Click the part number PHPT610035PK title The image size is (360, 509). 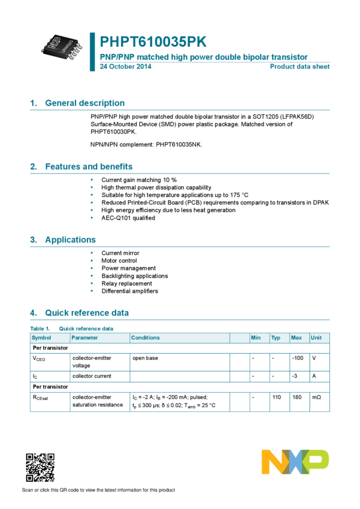(153, 42)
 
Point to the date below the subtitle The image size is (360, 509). (125, 66)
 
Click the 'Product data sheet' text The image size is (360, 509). (300, 66)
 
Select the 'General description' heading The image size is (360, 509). (85, 103)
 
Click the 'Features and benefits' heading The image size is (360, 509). (89, 166)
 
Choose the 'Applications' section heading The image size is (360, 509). (71, 240)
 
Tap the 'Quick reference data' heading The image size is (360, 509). (87, 313)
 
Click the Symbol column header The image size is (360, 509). (41, 338)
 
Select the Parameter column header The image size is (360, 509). (84, 338)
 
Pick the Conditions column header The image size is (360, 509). (146, 338)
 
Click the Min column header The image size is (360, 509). (256, 338)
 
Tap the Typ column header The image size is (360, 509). (276, 338)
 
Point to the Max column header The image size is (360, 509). (296, 338)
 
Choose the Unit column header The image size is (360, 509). (316, 338)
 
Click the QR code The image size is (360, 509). (40, 468)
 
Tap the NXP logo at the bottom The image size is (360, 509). (295, 462)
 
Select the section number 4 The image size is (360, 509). (33, 313)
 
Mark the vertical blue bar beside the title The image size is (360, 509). (92, 51)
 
